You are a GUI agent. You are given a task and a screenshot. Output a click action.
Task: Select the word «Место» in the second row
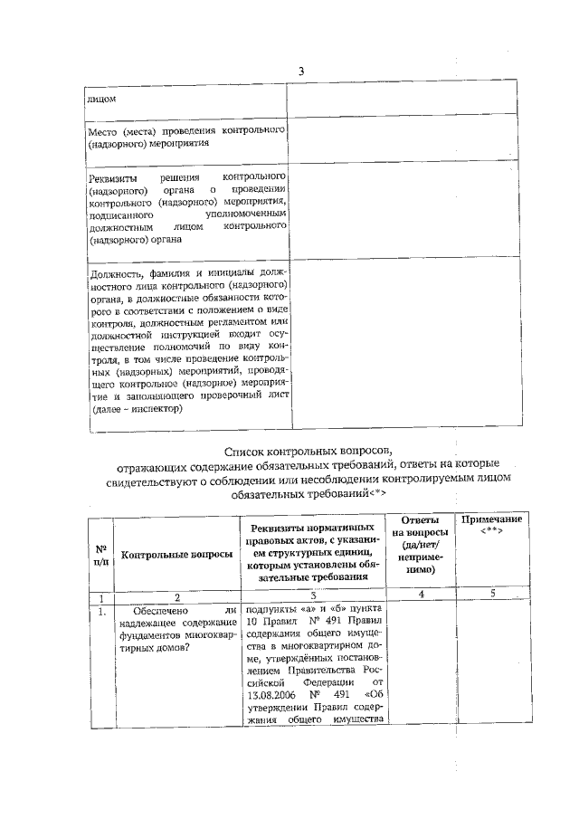point(102,130)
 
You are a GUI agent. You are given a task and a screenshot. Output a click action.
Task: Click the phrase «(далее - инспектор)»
point(135,408)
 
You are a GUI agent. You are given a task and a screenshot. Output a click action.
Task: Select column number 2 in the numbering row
point(177,596)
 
